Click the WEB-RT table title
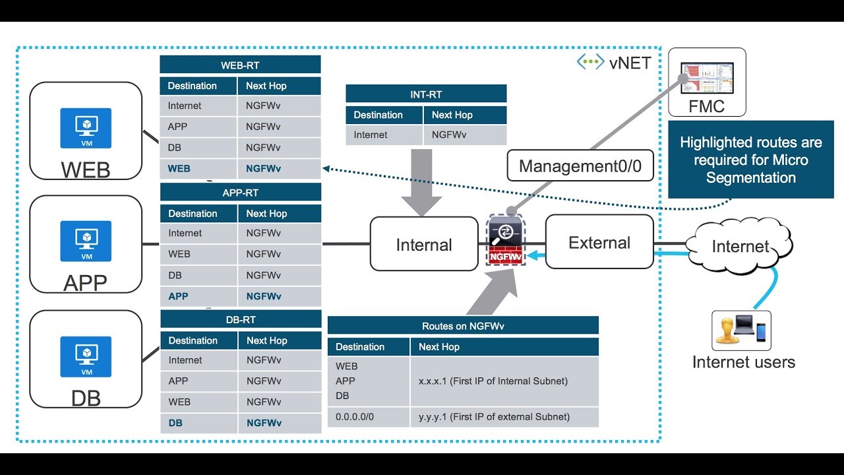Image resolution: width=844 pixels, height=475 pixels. tap(240, 65)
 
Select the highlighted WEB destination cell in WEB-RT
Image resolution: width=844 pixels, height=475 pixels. tap(198, 168)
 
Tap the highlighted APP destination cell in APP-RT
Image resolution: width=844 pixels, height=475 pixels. tap(198, 296)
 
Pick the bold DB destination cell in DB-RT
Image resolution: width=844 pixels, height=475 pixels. tap(198, 423)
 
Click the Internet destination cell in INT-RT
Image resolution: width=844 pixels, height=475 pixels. tap(384, 135)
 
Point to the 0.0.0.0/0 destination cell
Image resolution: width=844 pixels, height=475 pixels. tap(368, 417)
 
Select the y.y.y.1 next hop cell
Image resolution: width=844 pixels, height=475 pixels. tap(504, 417)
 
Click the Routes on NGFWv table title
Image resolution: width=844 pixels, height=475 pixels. tap(463, 326)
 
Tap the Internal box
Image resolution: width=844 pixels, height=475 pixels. tap(424, 244)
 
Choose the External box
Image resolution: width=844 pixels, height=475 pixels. tap(599, 242)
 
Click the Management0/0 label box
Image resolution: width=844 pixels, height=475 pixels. tap(580, 166)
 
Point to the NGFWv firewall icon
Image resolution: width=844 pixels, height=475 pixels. tap(505, 239)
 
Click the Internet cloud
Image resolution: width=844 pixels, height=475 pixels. tap(740, 246)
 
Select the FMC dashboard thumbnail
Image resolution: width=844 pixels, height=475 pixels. tap(707, 78)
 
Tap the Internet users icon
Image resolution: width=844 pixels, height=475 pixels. tap(741, 331)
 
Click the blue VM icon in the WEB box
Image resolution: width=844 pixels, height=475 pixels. tap(86, 128)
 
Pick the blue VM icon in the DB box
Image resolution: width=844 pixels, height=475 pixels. tap(86, 357)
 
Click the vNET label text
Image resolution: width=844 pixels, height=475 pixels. tap(630, 63)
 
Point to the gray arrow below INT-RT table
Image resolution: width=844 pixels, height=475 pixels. tap(421, 183)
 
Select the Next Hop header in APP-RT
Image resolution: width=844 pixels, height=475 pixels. tap(280, 213)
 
